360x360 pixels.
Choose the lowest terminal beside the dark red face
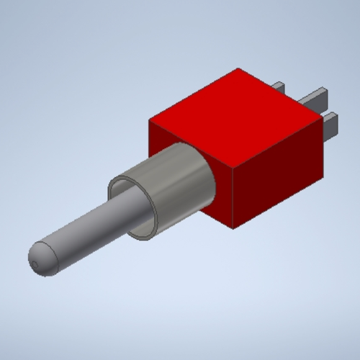click(x=331, y=122)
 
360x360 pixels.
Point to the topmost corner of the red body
click(x=238, y=69)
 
